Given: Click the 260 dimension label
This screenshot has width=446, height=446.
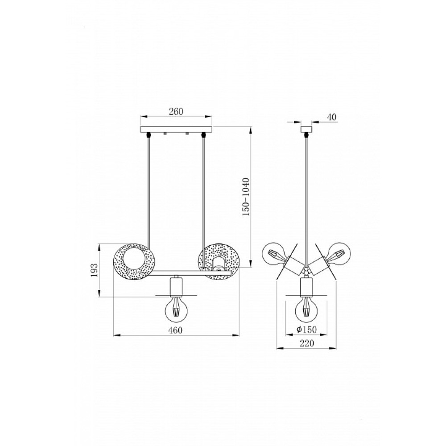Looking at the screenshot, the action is [176, 111].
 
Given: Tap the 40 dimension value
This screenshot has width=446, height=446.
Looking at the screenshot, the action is [332, 117].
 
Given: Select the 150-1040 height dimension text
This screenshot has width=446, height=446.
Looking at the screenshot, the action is [245, 197].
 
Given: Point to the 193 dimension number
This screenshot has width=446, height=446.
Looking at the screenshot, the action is [95, 270].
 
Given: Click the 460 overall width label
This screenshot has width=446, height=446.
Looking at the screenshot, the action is [175, 330].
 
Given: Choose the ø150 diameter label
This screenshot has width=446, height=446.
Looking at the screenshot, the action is [306, 330].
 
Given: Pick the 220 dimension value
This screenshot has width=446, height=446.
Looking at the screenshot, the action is [307, 343].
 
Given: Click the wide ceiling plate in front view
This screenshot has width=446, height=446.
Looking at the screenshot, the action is [176, 129].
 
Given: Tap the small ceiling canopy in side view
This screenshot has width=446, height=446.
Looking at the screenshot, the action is [306, 129].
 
